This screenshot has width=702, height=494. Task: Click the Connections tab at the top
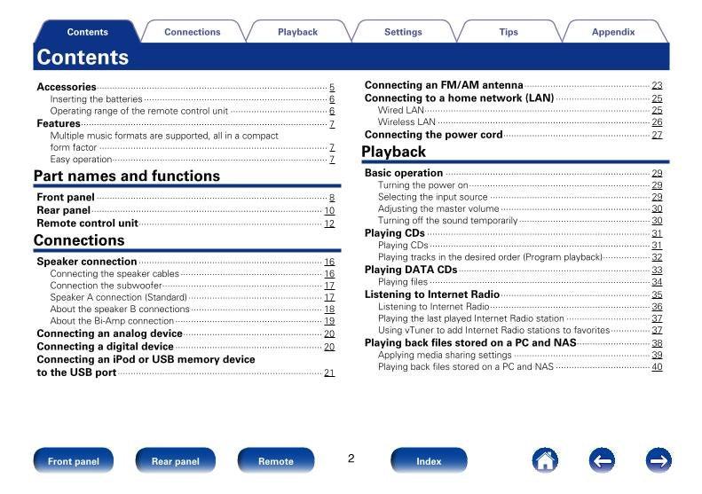point(192,32)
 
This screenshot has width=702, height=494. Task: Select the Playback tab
point(297,32)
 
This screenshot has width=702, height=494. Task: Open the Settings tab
point(403,32)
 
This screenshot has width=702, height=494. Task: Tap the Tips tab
point(509,32)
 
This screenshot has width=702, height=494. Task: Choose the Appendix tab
point(613,32)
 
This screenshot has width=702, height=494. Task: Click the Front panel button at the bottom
point(73,461)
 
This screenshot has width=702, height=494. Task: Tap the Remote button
point(276,461)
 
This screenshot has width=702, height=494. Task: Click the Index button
point(429,461)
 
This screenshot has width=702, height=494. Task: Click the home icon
point(544,460)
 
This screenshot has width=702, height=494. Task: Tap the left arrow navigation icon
point(602,460)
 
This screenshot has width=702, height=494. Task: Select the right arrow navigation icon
point(658,460)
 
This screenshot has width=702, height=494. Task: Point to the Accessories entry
point(67,87)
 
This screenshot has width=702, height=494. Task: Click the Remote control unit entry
point(87,223)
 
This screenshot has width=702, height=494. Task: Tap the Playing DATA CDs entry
point(411,270)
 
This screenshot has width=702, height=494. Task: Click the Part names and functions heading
point(126,176)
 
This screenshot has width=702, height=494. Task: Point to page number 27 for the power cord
point(657,135)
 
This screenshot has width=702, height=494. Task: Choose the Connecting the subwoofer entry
point(106,286)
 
